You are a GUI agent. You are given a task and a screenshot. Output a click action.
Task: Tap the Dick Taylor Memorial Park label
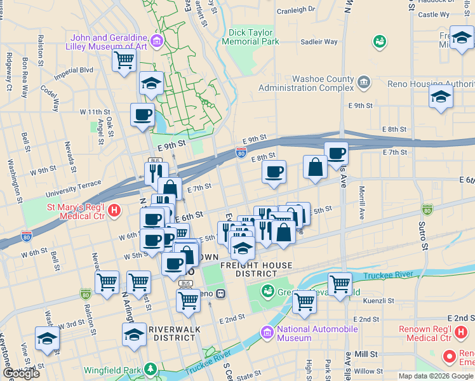coord(251,37)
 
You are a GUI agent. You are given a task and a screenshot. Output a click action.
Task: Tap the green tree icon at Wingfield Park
coord(150,368)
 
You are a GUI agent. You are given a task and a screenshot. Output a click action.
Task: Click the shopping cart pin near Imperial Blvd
coord(124,60)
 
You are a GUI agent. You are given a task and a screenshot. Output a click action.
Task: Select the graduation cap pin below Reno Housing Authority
coord(441,97)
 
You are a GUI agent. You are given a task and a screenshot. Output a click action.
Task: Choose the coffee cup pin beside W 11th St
coord(142,115)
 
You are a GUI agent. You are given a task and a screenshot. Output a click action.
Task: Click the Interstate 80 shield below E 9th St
coord(241,152)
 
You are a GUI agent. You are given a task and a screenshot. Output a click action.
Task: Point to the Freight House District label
coord(257,269)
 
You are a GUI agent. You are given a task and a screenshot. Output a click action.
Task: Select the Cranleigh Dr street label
coord(295,10)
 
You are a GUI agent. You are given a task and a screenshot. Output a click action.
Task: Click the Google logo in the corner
coord(22,373)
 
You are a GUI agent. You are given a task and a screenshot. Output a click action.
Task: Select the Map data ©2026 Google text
coord(436,376)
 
